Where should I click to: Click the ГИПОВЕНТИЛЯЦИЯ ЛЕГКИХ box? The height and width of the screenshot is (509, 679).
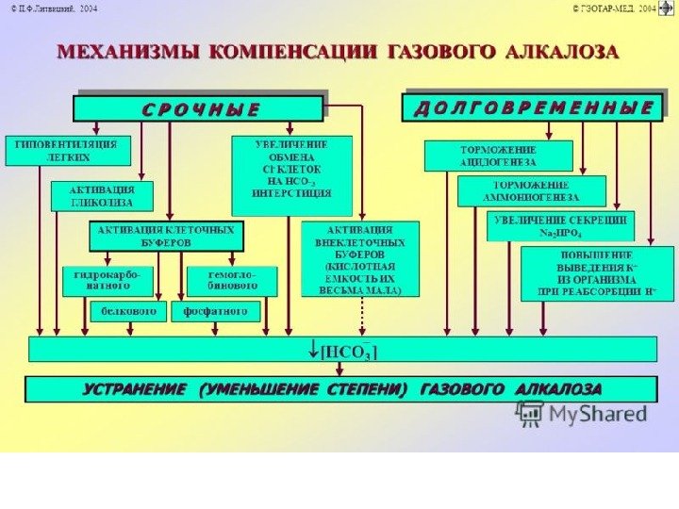coord(68,152)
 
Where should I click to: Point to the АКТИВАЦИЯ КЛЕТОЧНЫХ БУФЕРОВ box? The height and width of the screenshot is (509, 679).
coord(166,236)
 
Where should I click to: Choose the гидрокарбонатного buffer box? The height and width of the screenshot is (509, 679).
coord(106,280)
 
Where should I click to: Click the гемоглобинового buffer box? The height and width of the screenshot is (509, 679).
coord(219,280)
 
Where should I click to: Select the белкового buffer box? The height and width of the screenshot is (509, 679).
coord(128,310)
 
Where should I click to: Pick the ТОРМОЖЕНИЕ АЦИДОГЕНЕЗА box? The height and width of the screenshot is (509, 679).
coord(498,156)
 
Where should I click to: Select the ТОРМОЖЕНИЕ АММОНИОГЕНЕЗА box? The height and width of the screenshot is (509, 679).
coord(532,190)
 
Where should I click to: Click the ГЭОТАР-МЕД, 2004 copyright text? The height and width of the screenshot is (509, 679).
coord(612,8)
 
